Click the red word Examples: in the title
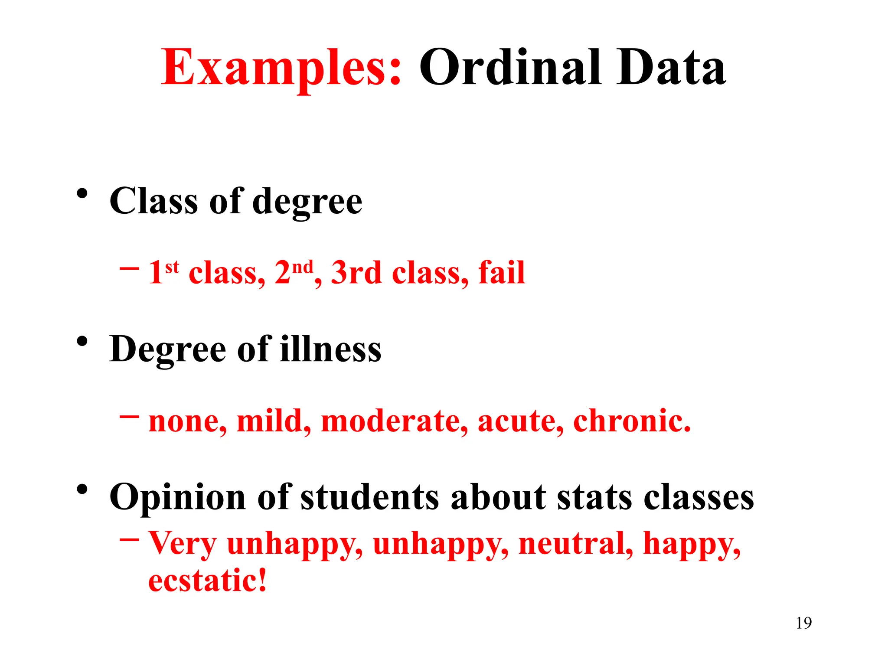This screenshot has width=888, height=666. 281,69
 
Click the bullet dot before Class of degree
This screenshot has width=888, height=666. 82,194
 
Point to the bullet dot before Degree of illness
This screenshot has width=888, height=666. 82,342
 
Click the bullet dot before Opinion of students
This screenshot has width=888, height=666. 82,490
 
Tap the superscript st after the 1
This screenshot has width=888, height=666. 172,266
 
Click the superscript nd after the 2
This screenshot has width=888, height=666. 302,266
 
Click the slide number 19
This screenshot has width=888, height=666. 803,623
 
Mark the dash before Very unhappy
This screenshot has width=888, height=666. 129,540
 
